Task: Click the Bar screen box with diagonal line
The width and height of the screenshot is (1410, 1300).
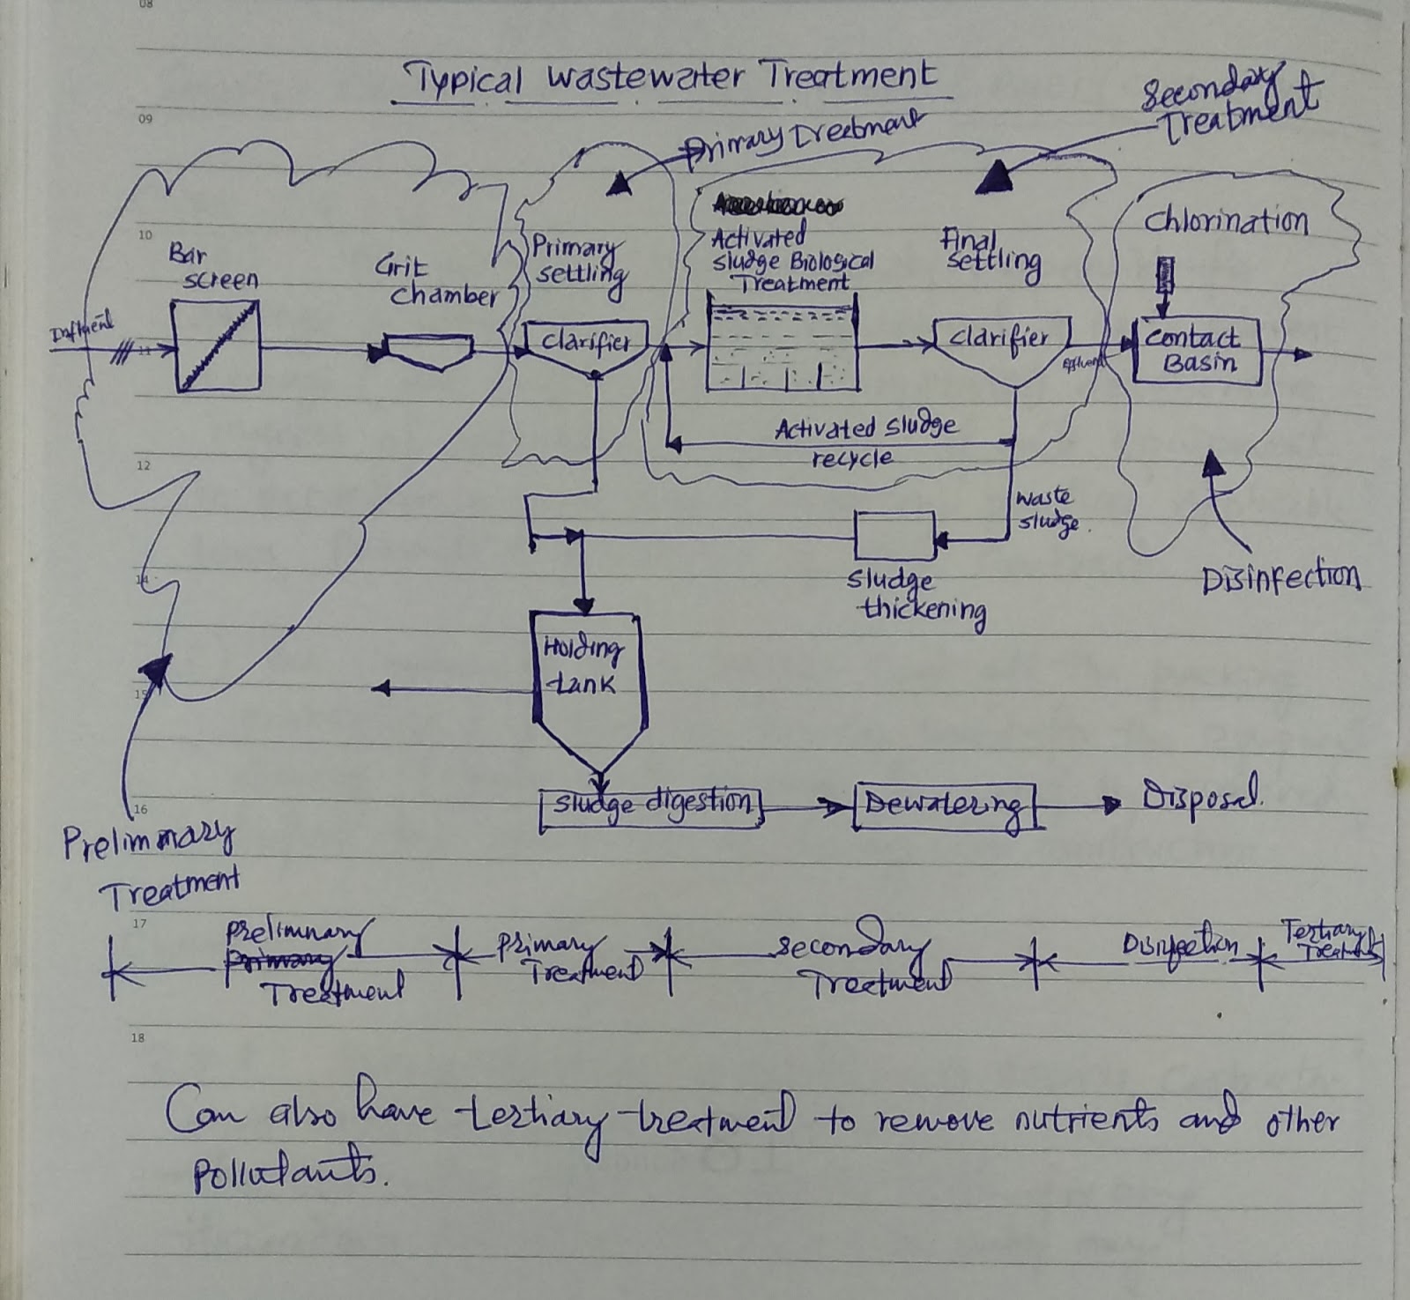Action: point(216,345)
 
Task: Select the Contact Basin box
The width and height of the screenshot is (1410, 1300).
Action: point(1196,350)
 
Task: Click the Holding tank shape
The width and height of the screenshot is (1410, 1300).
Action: point(589,683)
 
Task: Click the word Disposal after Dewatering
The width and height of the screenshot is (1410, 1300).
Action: point(1200,799)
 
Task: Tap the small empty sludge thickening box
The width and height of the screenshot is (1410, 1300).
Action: point(894,535)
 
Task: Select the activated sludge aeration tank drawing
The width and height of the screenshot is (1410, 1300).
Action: point(782,345)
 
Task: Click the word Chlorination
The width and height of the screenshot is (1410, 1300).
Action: point(1225,221)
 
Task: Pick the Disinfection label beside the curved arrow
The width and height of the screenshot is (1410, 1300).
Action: point(1280,579)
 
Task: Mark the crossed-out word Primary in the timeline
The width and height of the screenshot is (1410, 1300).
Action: point(280,958)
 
